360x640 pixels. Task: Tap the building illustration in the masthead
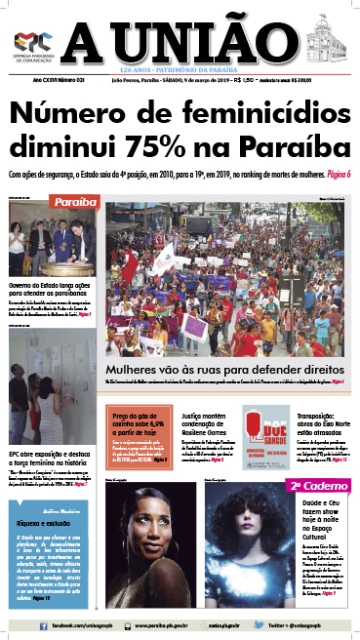[x=327, y=41]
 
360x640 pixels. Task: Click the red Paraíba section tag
[x=75, y=202]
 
